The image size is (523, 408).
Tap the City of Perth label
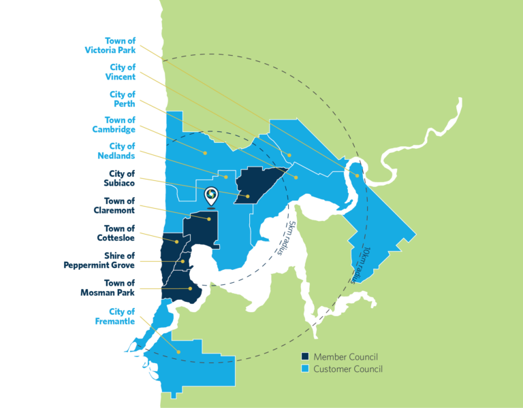click(123, 99)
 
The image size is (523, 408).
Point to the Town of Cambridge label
click(114, 124)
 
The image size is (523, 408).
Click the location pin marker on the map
click(211, 196)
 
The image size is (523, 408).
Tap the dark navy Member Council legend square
click(306, 357)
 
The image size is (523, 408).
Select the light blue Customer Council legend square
click(306, 369)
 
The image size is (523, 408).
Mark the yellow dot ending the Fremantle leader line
click(179, 352)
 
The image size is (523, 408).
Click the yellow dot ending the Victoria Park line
click(358, 175)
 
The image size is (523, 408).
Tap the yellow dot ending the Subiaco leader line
click(249, 197)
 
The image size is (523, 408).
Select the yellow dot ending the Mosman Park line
click(191, 289)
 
